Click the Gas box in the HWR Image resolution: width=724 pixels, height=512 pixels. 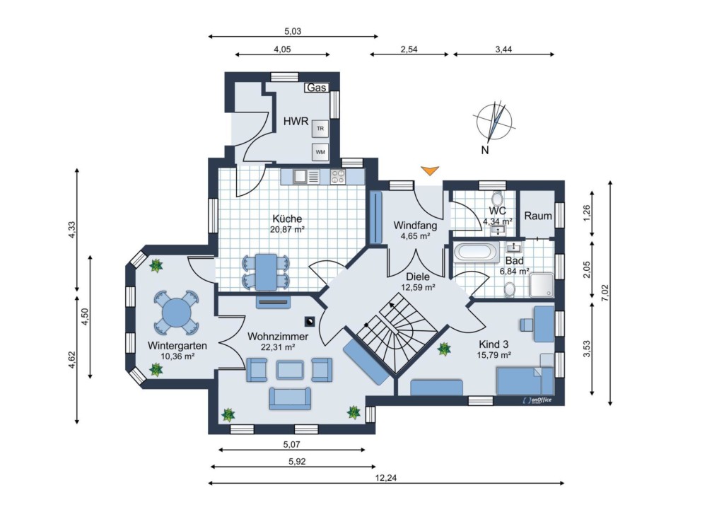pos(316,87)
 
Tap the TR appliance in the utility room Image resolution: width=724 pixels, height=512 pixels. pos(320,128)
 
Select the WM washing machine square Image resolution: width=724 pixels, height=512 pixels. pos(320,152)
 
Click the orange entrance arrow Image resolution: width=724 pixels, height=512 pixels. pos(430,171)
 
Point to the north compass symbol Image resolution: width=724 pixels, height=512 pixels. pos(494,122)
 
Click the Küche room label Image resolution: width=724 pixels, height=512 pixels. pos(287,219)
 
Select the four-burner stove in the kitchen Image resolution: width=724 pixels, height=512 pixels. pos(338,176)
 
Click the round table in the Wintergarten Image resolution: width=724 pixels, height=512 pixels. pos(176,312)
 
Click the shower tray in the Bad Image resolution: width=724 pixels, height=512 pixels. pos(542,285)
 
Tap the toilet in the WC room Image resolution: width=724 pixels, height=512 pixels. pos(497,199)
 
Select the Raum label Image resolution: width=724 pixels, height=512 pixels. pos(538,216)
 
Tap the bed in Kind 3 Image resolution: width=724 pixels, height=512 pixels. pos(525,381)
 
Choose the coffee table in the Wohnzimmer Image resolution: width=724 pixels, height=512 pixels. pos(290,369)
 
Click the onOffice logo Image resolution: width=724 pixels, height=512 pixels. pos(537,400)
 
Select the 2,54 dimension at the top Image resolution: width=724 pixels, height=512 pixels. pos(409,50)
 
